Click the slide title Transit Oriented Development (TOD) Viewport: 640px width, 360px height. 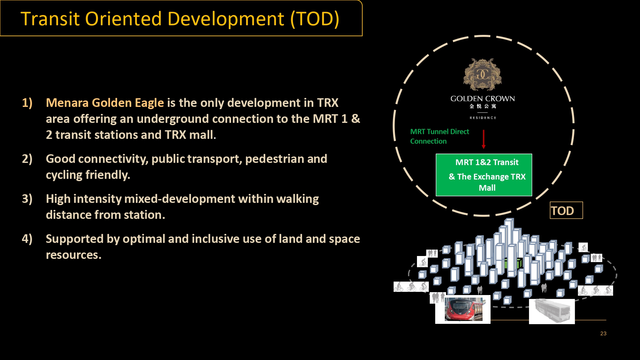coord(180,19)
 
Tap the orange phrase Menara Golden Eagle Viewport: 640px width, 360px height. coord(105,103)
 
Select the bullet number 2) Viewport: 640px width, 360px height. coord(27,159)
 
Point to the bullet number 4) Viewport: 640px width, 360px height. coord(27,239)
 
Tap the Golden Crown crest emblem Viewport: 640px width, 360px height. coord(483,74)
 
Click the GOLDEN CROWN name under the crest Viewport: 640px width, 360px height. coord(483,99)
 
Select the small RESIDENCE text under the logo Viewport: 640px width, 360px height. coord(483,118)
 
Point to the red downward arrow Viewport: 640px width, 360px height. coord(484,139)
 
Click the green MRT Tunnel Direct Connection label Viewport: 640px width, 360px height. coord(440,136)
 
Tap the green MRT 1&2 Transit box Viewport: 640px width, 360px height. coord(484,175)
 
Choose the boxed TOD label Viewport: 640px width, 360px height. coord(566,210)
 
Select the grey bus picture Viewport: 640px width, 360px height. coord(552,311)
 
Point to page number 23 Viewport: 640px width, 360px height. coord(603,333)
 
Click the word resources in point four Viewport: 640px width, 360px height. coord(73,255)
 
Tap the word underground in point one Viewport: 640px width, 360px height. coord(173,119)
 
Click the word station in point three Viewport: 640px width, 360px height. coord(144,215)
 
